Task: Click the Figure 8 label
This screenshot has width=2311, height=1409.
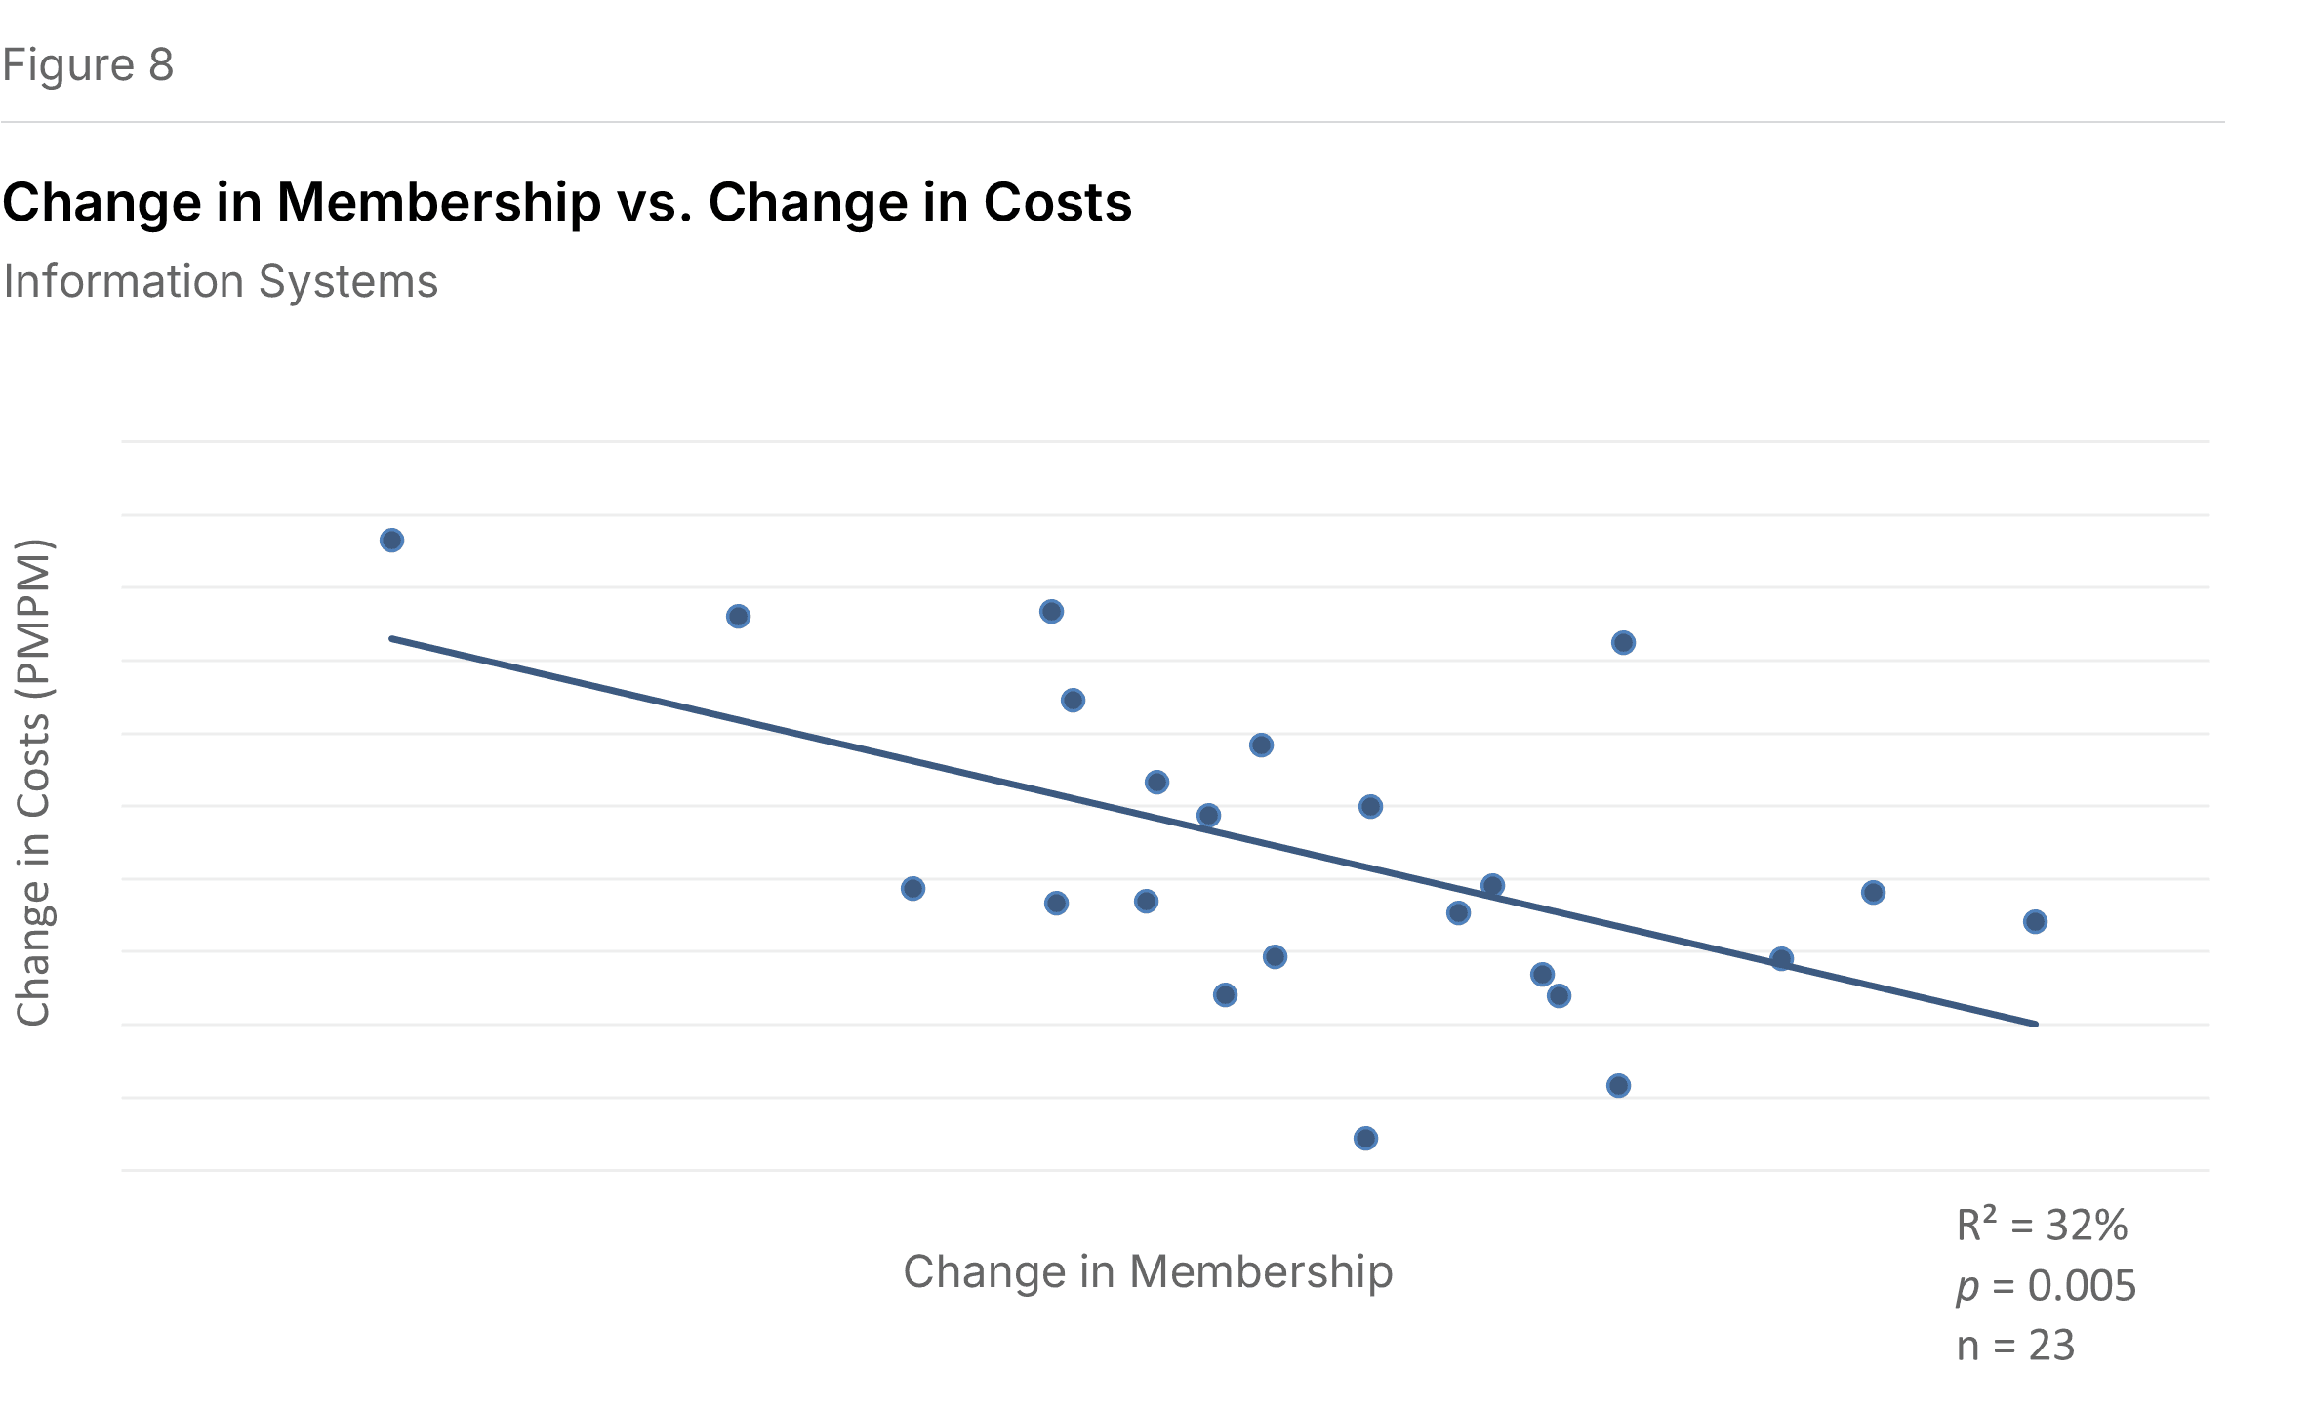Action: [88, 65]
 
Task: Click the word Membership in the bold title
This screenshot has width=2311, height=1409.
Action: [439, 203]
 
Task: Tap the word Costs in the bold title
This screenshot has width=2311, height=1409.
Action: [1057, 203]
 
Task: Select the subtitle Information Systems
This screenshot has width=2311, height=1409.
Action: [221, 282]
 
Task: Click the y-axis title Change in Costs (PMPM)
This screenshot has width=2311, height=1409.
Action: [34, 783]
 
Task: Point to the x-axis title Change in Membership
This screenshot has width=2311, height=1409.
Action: [1148, 1272]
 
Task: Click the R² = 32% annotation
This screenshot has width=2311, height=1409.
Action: [2042, 1226]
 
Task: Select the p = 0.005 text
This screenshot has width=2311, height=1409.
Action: [2046, 1286]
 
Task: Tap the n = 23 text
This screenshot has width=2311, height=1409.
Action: [2015, 1346]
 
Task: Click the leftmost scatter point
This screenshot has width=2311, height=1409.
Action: [391, 541]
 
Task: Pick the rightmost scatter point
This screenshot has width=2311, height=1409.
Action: [2035, 922]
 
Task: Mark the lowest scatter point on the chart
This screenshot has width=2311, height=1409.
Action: [1365, 1139]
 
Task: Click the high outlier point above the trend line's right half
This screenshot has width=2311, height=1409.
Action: [1623, 643]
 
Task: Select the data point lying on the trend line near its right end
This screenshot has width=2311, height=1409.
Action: [1781, 959]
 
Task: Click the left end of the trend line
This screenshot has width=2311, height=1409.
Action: [392, 639]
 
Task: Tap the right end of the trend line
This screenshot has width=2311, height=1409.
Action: [2036, 1024]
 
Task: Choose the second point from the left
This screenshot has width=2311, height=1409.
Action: [738, 617]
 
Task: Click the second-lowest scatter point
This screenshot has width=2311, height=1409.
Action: [1618, 1086]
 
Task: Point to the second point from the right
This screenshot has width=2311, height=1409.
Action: [1873, 893]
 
